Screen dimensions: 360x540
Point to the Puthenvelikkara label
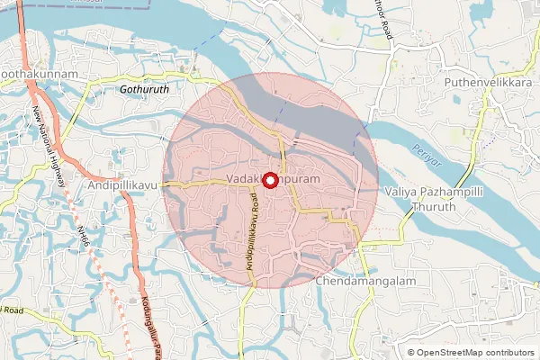pos(489,82)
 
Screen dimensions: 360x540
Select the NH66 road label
pos(84,238)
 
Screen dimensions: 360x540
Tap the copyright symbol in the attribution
pos(411,352)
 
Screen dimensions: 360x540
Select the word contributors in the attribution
pos(508,352)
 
